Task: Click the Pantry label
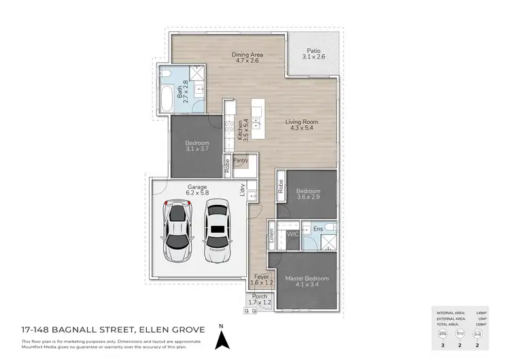241,161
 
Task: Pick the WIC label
294,233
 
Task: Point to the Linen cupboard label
271,236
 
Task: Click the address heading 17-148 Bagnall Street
94,330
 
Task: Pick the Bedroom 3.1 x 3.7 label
197,146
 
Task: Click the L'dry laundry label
243,193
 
